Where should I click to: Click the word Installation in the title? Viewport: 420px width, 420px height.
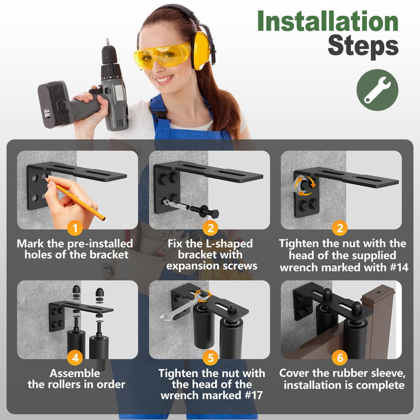click(x=328, y=21)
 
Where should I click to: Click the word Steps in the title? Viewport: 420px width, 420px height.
click(x=363, y=46)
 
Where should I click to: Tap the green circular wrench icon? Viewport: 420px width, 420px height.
click(x=377, y=90)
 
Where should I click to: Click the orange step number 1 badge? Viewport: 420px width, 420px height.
click(x=75, y=228)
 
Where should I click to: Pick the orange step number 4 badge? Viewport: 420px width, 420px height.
click(x=75, y=358)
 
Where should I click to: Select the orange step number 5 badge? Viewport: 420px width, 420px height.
click(x=211, y=358)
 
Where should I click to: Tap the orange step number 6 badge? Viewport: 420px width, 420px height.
click(x=340, y=358)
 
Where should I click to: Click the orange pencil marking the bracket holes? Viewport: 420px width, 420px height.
click(x=76, y=199)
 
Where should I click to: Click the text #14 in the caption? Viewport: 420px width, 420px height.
click(x=399, y=267)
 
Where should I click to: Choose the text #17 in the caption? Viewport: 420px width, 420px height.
click(x=254, y=395)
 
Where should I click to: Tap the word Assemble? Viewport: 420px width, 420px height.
click(x=75, y=373)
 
